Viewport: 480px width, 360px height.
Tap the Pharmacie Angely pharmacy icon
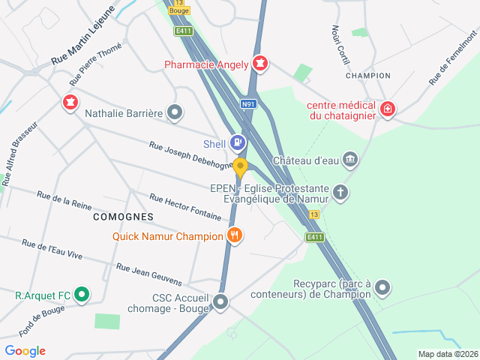pos(260,64)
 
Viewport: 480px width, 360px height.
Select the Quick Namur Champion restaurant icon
pos(235,235)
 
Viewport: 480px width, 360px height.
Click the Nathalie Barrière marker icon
pos(175,113)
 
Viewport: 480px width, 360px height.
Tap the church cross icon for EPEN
pos(340,192)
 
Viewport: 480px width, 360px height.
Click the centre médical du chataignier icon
pos(387,109)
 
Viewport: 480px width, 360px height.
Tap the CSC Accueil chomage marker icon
pos(220,302)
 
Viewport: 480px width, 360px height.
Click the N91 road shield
pos(248,104)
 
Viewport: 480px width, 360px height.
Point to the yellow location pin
pos(240,168)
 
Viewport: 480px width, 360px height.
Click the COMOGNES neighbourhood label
pos(123,216)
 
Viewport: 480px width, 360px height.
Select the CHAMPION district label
pos(368,76)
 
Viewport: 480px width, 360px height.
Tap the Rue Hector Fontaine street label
pos(185,208)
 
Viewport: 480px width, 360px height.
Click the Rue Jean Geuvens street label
pos(149,274)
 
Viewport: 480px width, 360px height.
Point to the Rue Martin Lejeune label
pos(82,35)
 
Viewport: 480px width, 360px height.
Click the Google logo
pos(25,351)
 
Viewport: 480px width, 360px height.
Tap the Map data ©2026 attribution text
pos(447,354)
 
